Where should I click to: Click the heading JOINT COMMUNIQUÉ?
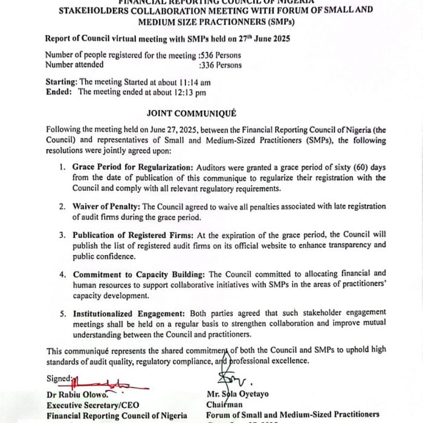pos(192,113)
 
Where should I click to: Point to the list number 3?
pos(63,234)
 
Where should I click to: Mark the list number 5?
pos(63,313)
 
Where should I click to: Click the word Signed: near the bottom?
pos(59,379)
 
